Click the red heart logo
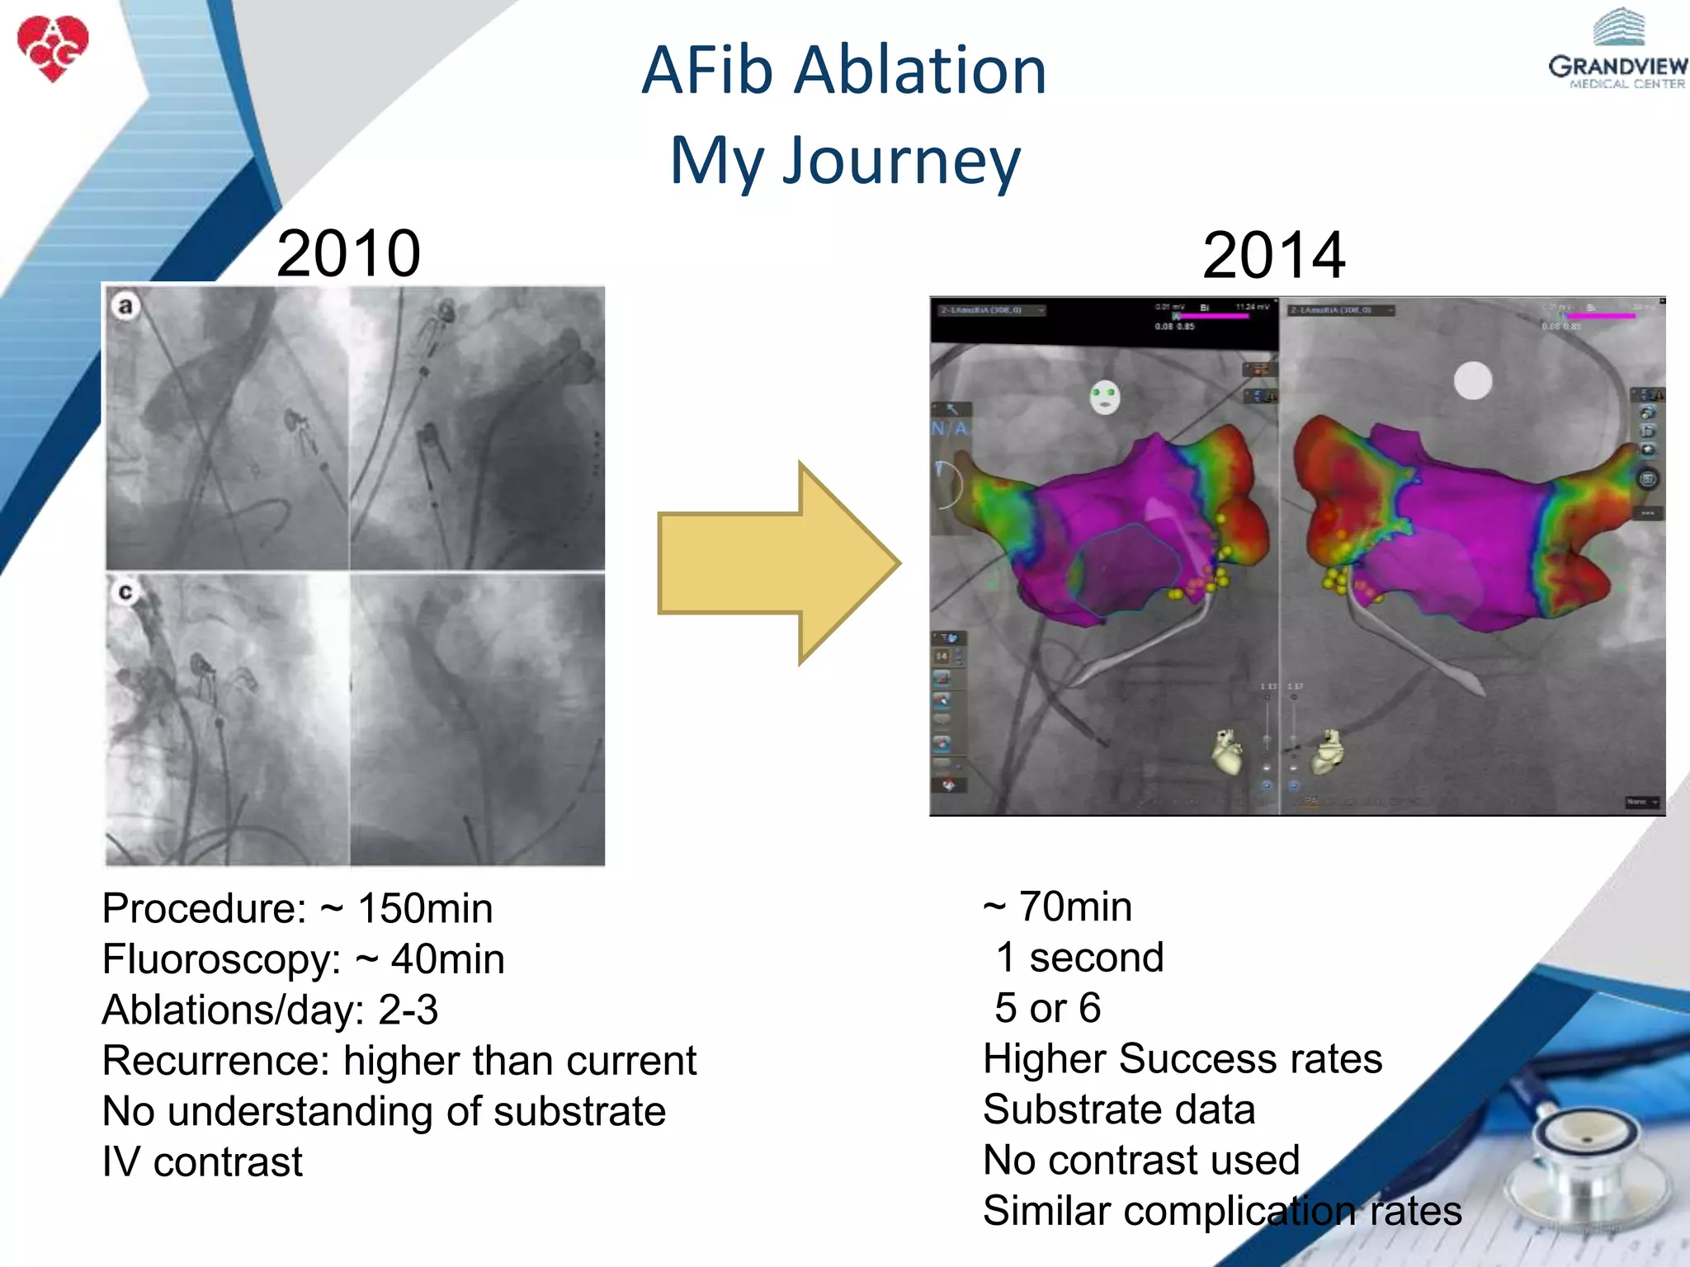(53, 48)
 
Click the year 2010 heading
(348, 253)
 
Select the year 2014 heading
(1273, 255)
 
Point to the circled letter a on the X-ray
(125, 306)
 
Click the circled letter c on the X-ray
(125, 591)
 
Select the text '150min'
(425, 908)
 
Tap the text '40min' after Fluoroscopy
(447, 959)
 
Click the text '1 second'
(1079, 958)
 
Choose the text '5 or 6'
(1047, 1008)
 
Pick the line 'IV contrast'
(202, 1162)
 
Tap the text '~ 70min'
(1057, 907)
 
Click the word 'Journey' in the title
(901, 161)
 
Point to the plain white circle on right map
(1472, 381)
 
